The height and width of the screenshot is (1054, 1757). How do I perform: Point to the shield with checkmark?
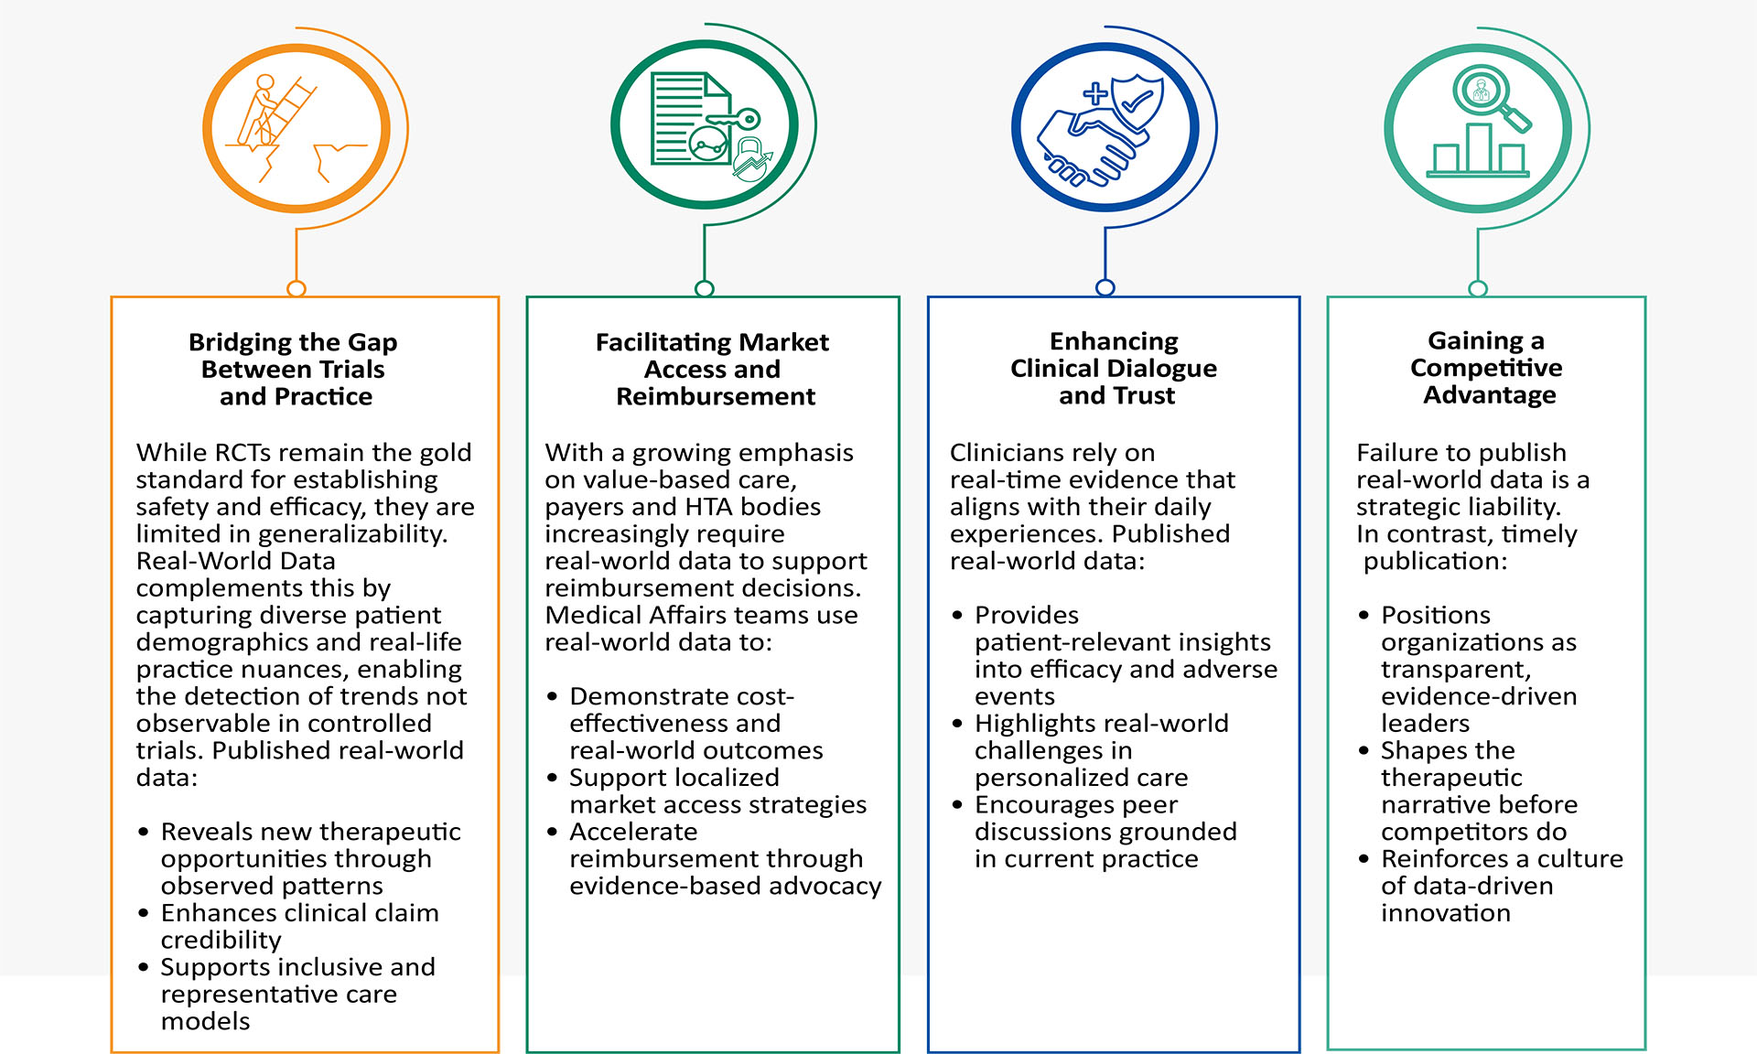tap(1136, 105)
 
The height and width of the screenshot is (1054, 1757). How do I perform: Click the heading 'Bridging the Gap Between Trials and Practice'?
tap(294, 369)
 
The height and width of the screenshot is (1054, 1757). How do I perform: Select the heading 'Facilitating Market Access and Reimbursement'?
tap(713, 369)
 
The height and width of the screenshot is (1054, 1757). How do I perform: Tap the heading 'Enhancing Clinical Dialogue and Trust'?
tap(1114, 368)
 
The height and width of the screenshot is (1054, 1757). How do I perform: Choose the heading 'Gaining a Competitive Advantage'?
tap(1487, 367)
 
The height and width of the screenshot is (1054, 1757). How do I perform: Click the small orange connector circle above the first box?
tap(296, 288)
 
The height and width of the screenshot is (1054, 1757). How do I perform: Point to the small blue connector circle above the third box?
tap(1105, 287)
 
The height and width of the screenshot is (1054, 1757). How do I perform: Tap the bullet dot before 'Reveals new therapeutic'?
tap(144, 832)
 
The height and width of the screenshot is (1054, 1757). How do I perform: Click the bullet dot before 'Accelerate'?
tap(552, 832)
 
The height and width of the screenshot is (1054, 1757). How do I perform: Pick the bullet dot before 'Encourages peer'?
tap(957, 805)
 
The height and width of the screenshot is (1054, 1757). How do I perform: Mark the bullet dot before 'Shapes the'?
tap(1364, 751)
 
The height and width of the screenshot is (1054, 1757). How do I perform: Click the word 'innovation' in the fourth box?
tap(1446, 913)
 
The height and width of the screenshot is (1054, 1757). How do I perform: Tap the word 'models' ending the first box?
tap(205, 1021)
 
